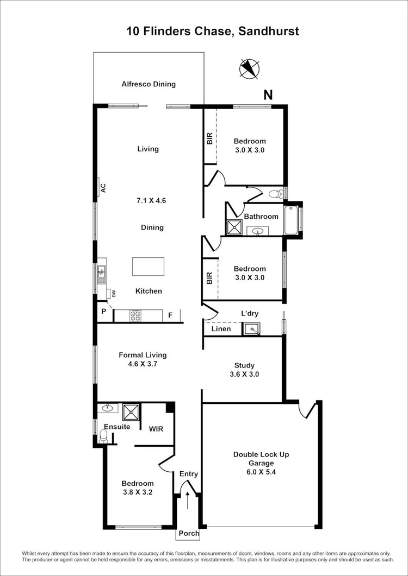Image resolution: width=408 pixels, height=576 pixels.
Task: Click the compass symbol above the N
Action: click(250, 69)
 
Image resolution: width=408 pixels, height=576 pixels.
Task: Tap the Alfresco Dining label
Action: click(149, 84)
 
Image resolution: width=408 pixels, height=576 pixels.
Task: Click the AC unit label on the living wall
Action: click(102, 188)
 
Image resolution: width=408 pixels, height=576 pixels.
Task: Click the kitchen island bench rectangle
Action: click(148, 267)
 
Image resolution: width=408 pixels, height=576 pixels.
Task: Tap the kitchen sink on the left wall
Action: click(101, 274)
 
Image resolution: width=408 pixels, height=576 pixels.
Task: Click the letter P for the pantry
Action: click(103, 311)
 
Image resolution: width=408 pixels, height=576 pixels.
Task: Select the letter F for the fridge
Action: click(170, 314)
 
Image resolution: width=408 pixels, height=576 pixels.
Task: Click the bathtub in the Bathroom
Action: click(291, 220)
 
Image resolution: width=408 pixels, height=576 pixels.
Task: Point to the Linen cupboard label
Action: click(221, 329)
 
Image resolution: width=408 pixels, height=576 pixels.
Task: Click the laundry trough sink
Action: click(251, 329)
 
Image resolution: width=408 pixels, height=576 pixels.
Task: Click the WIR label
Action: click(157, 428)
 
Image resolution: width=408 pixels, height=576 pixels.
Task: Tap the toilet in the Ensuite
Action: click(103, 435)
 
